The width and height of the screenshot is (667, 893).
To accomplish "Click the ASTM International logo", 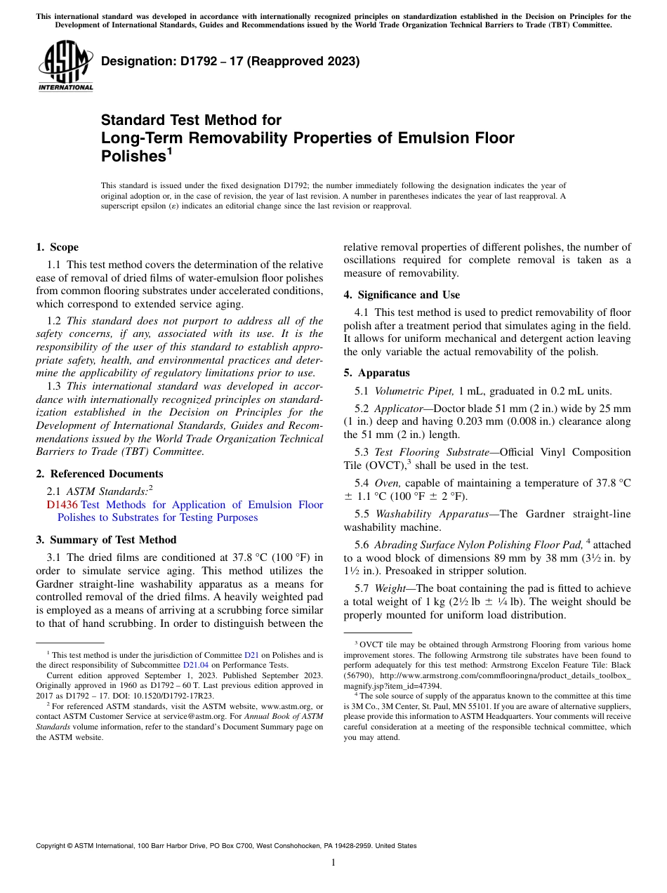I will coord(65,66).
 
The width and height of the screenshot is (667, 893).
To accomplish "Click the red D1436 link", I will coord(62,505).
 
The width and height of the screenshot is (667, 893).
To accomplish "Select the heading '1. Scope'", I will coord(57,247).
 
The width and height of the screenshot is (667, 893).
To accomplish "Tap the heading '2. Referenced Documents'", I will coord(99,474).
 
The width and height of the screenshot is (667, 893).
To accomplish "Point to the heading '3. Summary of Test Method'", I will coord(106,540).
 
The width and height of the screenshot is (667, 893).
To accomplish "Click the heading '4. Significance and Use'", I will coord(402,295).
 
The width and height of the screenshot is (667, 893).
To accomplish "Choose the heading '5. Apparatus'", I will coord(376,373).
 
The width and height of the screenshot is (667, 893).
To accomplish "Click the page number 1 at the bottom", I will coord(333,863).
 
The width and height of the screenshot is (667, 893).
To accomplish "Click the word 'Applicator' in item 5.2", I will coord(399,409).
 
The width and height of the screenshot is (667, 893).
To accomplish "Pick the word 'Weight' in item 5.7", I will coord(390,588).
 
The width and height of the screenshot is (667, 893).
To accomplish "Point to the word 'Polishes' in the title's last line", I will coord(133,157).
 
